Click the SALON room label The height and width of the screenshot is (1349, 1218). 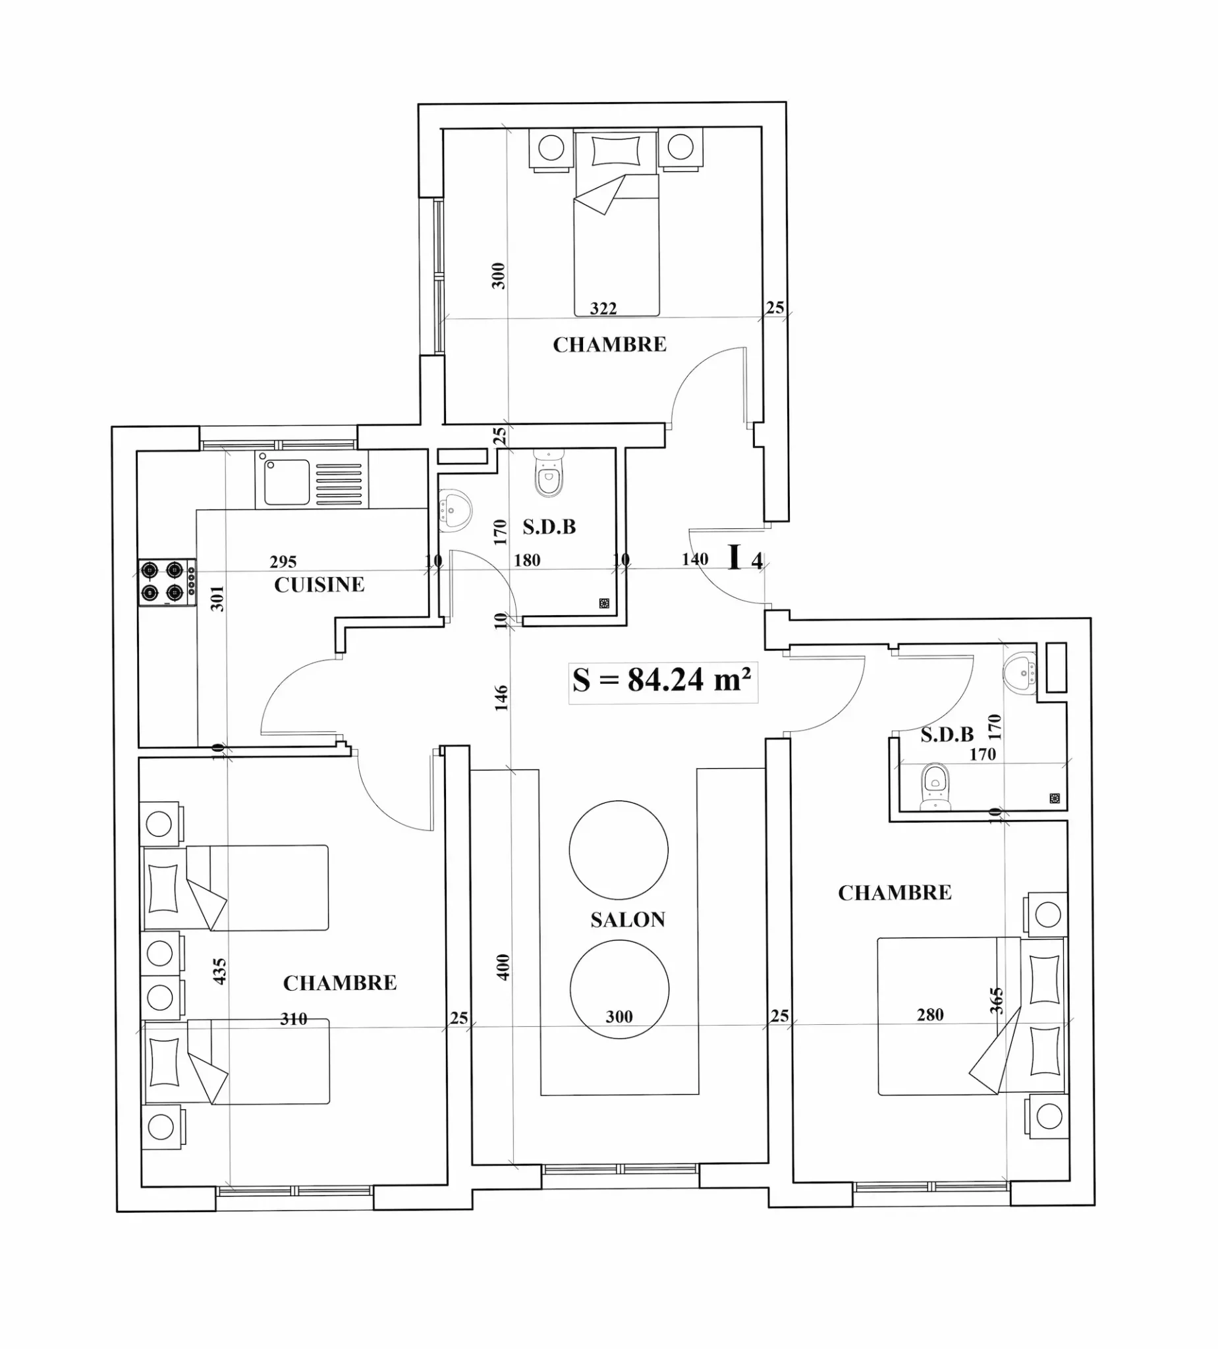pos(628,920)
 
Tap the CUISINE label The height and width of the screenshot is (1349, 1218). pos(319,585)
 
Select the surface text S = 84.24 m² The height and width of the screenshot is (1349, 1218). pos(662,680)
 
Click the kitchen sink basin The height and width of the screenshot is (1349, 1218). pos(287,482)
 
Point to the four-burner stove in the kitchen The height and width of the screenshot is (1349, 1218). pos(167,582)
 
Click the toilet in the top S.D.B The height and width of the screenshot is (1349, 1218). pos(549,474)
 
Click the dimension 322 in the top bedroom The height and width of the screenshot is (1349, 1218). pos(603,308)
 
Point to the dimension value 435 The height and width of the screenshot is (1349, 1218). pos(219,972)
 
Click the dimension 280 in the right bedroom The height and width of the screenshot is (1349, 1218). pos(930,1015)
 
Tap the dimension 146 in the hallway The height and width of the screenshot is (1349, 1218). pos(501,698)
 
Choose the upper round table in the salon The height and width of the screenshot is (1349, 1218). pos(619,850)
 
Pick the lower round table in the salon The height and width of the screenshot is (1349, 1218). pos(619,989)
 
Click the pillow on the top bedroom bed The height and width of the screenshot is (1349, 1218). pos(616,150)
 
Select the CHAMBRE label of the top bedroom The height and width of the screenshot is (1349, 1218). pos(610,344)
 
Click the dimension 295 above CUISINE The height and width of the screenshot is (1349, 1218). pos(283,562)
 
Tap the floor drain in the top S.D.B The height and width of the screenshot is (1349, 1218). pos(604,603)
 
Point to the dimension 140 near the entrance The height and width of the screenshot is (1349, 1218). pos(696,559)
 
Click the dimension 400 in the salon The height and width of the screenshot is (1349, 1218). pos(503,967)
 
